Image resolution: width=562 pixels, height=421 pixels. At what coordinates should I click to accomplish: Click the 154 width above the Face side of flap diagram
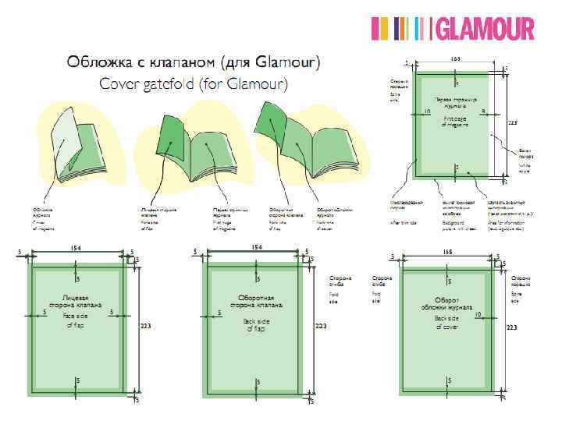pos(76,247)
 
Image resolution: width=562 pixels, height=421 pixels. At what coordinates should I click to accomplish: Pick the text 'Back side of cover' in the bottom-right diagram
pos(446,322)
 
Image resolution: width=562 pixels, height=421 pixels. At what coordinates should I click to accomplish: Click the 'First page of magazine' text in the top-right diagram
pos(455,121)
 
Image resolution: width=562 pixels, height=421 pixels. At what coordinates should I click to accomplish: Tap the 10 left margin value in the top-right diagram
pos(428,112)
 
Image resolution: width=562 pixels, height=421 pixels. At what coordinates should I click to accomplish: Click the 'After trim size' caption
pos(404,223)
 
